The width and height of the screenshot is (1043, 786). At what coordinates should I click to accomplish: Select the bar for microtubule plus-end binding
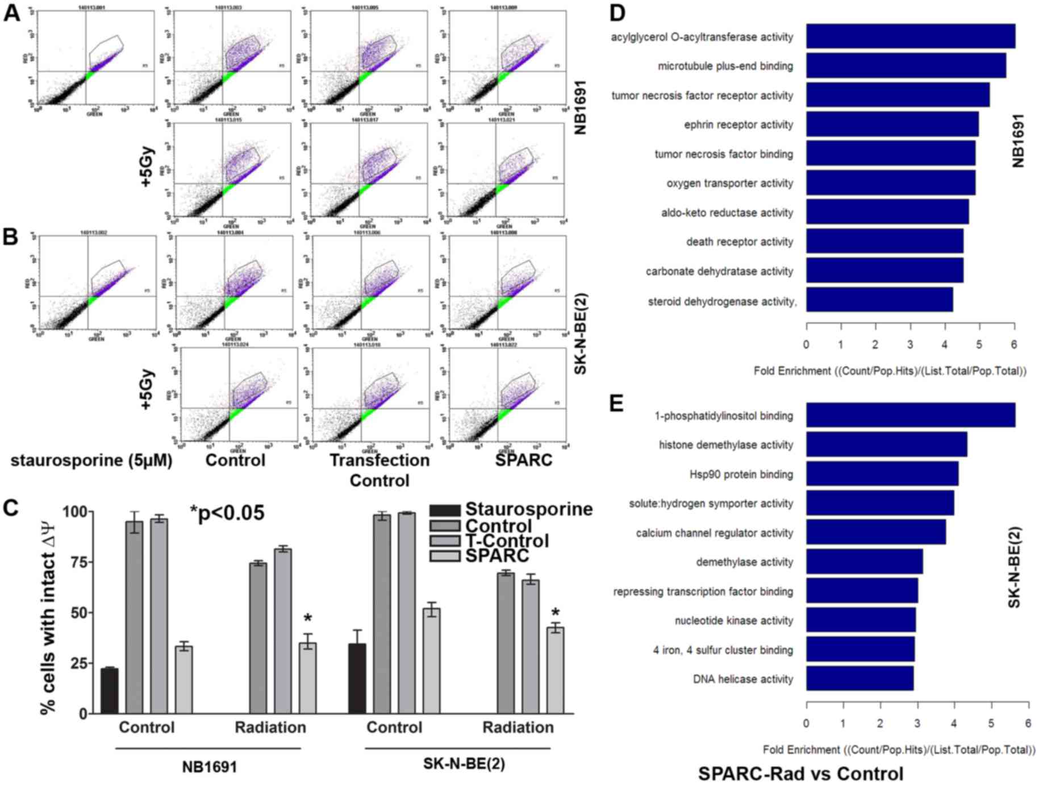tap(906, 66)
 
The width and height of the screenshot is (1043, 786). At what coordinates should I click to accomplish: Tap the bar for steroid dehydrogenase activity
tap(879, 300)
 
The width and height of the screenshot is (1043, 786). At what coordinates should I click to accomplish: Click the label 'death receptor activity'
tap(739, 242)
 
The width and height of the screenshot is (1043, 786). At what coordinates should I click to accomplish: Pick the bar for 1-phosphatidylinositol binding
tap(910, 415)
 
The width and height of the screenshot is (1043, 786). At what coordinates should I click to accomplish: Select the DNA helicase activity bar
tap(860, 679)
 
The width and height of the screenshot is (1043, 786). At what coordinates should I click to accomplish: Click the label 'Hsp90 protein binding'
tap(741, 475)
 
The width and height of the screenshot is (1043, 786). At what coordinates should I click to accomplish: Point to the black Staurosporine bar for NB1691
tap(110, 691)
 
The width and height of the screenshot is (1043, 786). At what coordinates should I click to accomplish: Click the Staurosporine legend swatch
tap(445, 510)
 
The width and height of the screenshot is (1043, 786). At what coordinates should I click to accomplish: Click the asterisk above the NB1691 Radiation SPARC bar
tap(308, 619)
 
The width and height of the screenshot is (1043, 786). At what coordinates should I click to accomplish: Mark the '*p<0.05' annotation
tap(227, 513)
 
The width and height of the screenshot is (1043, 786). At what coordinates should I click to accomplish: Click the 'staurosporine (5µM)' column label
tap(91, 460)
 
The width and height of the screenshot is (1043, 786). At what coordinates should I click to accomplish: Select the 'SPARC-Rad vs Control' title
tap(800, 773)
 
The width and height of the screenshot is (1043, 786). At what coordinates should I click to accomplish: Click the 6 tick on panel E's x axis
tap(1028, 723)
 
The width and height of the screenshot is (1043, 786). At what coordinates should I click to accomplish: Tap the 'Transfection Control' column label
tap(379, 470)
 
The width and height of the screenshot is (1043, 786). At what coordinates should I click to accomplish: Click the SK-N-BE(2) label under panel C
tap(464, 764)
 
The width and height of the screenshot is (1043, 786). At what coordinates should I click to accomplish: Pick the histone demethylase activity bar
tap(886, 445)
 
